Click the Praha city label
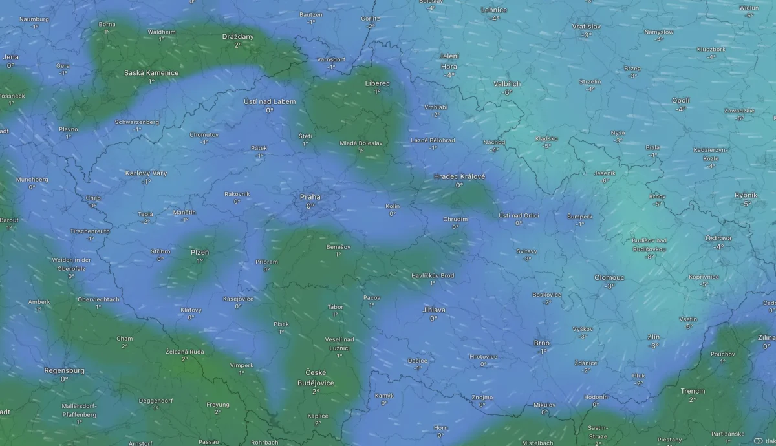(x=310, y=197)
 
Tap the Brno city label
(x=541, y=343)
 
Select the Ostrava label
(x=718, y=238)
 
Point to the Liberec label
(x=377, y=83)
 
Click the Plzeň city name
(x=199, y=251)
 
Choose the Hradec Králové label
(x=459, y=176)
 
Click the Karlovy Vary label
(x=146, y=173)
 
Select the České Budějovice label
(x=316, y=377)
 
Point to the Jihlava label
(x=433, y=310)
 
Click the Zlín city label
(x=654, y=337)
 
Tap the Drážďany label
(x=238, y=37)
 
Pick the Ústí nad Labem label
(x=270, y=101)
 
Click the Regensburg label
(x=64, y=370)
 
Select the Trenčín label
(x=693, y=391)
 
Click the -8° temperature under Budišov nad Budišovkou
(x=650, y=256)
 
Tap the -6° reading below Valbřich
(x=508, y=92)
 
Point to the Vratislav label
(x=587, y=27)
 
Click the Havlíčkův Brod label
(x=433, y=276)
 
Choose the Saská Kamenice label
(x=151, y=73)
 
